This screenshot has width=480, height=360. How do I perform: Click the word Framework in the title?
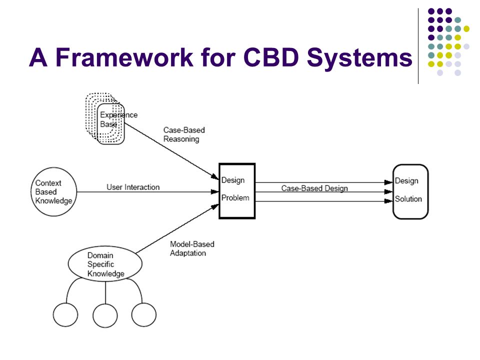click(x=124, y=57)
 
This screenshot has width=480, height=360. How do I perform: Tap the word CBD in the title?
click(x=271, y=57)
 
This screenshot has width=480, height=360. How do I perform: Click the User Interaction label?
click(x=133, y=187)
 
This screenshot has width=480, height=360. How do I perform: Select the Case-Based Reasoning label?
click(x=184, y=134)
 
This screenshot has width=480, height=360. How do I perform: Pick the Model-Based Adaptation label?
click(x=192, y=248)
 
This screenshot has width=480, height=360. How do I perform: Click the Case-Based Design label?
click(x=314, y=188)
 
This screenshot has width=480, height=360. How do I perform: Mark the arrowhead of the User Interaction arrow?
click(x=215, y=192)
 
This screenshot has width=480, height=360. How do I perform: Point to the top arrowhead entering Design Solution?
click(x=389, y=182)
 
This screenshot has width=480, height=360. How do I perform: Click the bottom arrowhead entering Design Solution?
click(x=389, y=201)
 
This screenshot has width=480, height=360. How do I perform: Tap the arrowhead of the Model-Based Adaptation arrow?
click(x=214, y=207)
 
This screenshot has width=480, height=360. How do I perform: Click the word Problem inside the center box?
click(x=235, y=198)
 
